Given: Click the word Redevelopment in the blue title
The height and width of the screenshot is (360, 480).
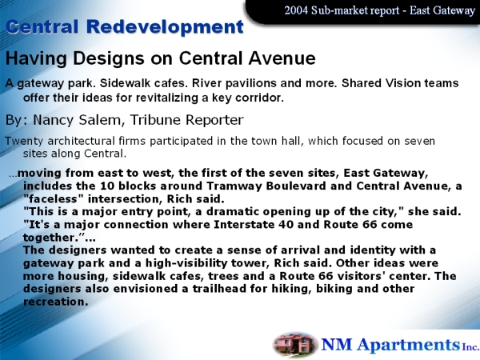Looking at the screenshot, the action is pyautogui.click(x=165, y=26).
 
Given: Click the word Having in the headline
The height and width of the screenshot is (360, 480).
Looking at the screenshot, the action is pyautogui.click(x=36, y=58).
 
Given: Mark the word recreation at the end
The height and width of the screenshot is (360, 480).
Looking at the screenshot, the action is pyautogui.click(x=55, y=302).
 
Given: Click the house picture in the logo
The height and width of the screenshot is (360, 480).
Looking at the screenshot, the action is pyautogui.click(x=294, y=344).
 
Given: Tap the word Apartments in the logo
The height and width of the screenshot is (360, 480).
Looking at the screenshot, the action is pyautogui.click(x=409, y=345).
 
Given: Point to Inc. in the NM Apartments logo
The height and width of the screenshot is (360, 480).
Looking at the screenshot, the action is pyautogui.click(x=470, y=347).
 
